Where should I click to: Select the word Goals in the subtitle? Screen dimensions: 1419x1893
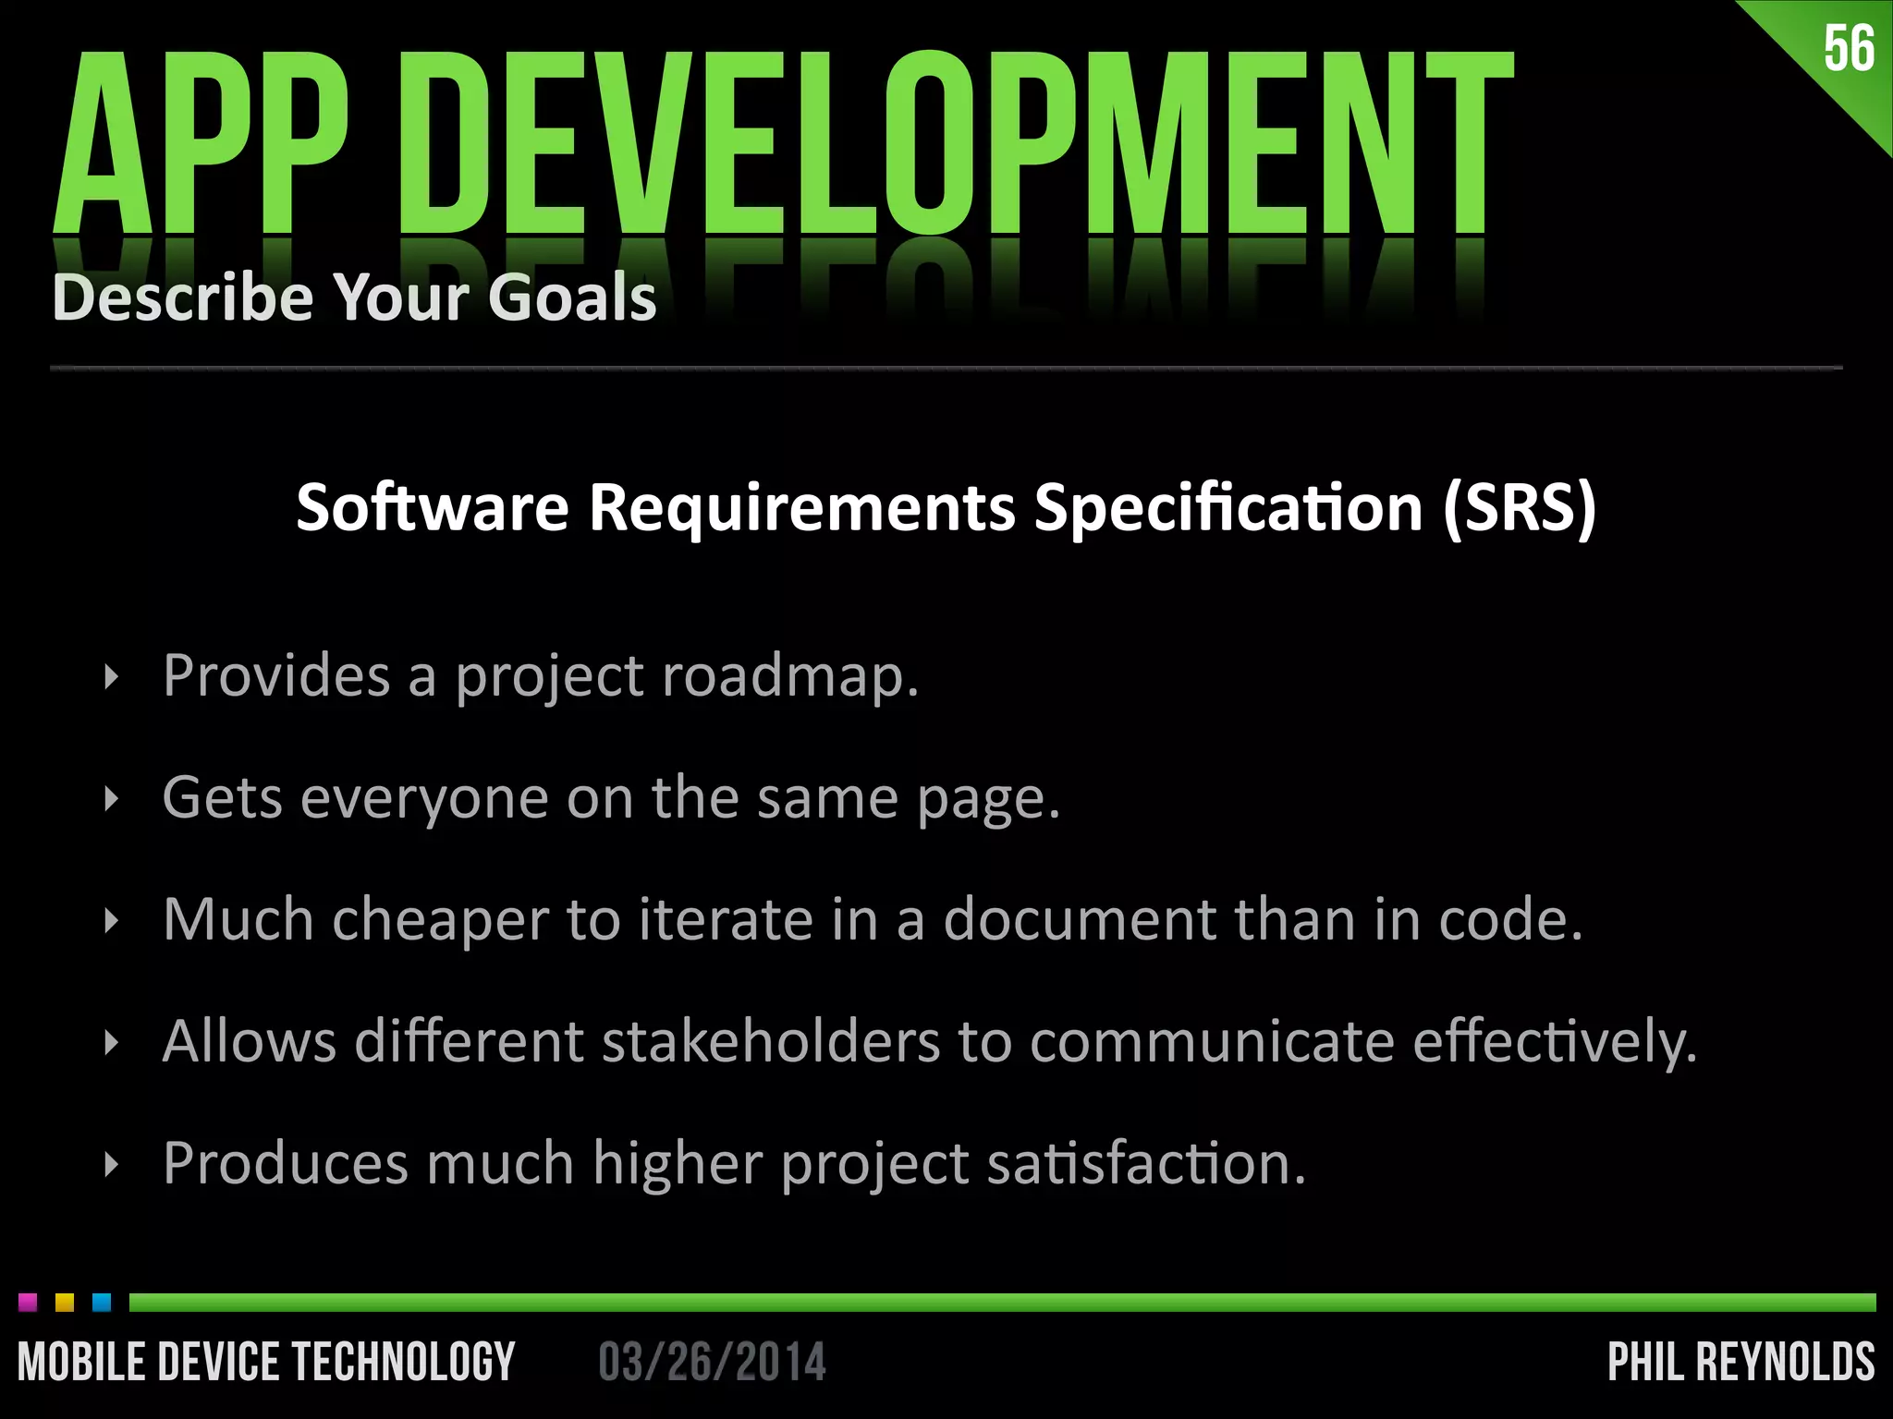(572, 297)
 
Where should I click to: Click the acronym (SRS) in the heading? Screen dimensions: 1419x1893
(1519, 507)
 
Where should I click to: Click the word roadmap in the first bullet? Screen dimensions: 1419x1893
(790, 675)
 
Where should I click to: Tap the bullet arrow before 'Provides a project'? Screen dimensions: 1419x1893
(112, 677)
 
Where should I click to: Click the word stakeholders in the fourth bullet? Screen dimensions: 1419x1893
(771, 1041)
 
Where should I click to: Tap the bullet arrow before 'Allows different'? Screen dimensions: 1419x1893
(112, 1043)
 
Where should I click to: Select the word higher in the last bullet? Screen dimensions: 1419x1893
(678, 1163)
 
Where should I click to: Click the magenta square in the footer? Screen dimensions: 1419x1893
(28, 1303)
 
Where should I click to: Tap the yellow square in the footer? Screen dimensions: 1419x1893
(65, 1303)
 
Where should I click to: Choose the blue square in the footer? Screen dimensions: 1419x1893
(102, 1303)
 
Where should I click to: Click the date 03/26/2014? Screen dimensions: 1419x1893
(712, 1363)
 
